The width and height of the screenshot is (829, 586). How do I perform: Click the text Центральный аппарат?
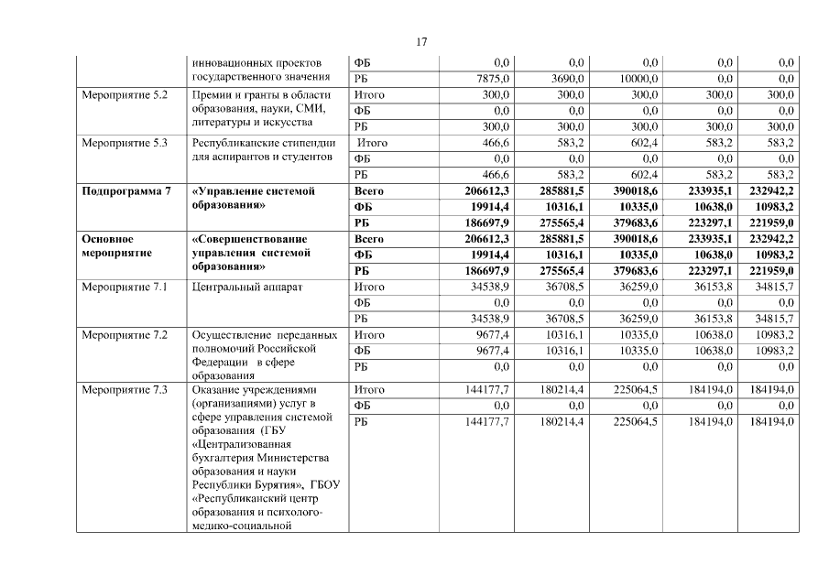point(247,288)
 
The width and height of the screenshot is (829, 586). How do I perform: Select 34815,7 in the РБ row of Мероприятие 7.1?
point(771,319)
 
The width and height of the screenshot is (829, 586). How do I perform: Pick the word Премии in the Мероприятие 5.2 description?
point(213,95)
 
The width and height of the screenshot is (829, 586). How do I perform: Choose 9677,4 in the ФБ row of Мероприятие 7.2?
point(488,351)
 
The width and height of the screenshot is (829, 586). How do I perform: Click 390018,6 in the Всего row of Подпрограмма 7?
point(634,191)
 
